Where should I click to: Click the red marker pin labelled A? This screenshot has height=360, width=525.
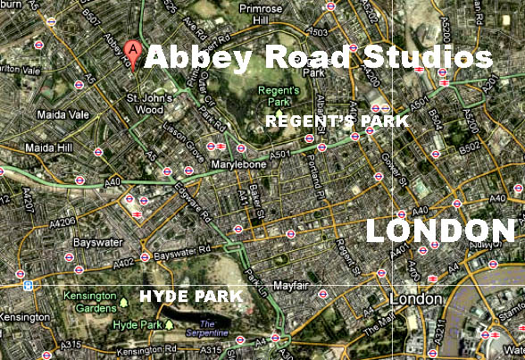(x=134, y=50)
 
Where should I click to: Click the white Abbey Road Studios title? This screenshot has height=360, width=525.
(x=319, y=58)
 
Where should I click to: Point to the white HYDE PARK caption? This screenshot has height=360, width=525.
(x=190, y=296)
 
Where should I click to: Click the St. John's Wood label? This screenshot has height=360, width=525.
(x=144, y=103)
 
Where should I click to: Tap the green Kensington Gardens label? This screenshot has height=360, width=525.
(x=88, y=301)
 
